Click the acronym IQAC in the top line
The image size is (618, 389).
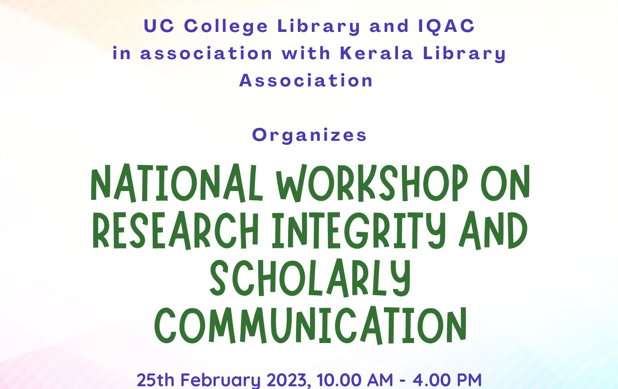(446, 26)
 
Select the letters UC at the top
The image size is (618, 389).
(159, 26)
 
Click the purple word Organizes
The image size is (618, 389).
(309, 135)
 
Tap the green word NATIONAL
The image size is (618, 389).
(177, 183)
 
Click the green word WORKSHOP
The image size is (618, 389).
(372, 183)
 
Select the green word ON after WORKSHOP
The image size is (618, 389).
(505, 183)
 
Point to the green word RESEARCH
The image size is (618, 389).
(176, 230)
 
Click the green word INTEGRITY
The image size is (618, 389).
(359, 230)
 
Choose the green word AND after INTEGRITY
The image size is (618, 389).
(493, 230)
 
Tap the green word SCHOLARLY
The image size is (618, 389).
(310, 278)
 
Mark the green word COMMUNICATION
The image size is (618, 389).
(310, 325)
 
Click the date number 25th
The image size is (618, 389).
(155, 380)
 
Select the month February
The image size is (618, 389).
(220, 380)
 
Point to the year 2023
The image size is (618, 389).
(287, 380)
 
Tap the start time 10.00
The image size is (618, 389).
(339, 380)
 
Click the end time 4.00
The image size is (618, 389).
(431, 380)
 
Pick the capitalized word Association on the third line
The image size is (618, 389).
(306, 81)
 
